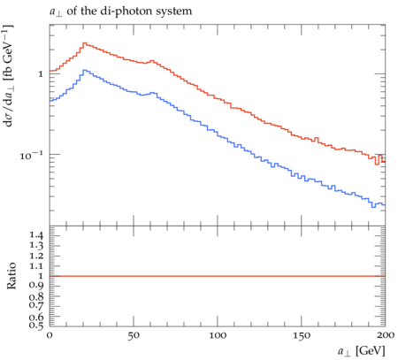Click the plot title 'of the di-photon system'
(x=129, y=11)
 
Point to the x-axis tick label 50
(x=134, y=335)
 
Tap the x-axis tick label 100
(x=218, y=335)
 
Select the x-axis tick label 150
(x=302, y=335)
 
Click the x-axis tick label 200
(x=386, y=335)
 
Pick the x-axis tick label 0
(x=50, y=335)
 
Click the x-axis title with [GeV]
(x=362, y=351)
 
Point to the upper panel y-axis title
(x=9, y=76)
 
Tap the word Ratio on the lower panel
(x=11, y=276)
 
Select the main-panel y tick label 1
(x=41, y=73)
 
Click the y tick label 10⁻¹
(x=32, y=155)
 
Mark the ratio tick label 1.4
(x=36, y=235)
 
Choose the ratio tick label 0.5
(x=36, y=326)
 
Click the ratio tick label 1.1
(x=36, y=266)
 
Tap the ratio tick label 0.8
(x=36, y=296)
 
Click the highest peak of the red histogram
(x=84, y=43)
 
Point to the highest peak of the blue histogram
(x=84, y=70)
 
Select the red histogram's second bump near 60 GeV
(x=152, y=61)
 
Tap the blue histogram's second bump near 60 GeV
(x=153, y=93)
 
